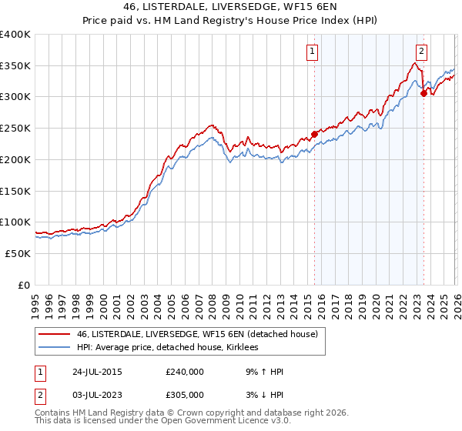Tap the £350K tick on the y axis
(x=15, y=66)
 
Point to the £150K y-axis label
(x=15, y=191)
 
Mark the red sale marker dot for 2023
(x=423, y=93)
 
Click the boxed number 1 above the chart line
(x=313, y=52)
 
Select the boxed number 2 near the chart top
(x=421, y=52)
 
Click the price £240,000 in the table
(x=185, y=372)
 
